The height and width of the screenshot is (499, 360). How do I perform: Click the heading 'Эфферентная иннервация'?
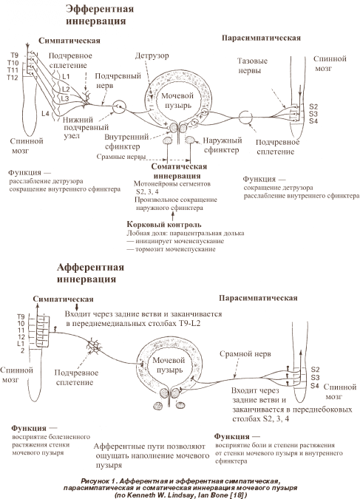point(100,15)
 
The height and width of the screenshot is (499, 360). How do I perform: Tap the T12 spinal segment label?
point(13,78)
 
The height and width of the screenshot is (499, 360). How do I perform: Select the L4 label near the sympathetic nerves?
point(46,113)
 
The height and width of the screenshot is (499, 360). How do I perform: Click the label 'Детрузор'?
point(152,55)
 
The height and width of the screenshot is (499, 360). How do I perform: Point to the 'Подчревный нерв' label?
point(118,81)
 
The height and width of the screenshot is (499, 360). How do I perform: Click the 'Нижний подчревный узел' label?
point(86,128)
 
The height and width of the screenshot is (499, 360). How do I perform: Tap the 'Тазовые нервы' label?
point(252,66)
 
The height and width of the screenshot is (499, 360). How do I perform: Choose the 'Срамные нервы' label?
point(121,157)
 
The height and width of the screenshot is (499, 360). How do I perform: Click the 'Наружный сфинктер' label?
point(223,145)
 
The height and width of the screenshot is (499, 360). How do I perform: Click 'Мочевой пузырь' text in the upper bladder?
point(177,101)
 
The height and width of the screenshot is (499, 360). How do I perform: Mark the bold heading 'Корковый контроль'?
point(164,224)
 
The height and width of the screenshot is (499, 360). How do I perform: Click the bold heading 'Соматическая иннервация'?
point(179,172)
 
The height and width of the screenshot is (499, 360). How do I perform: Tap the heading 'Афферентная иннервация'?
point(90,273)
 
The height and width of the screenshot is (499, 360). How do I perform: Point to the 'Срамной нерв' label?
point(245,354)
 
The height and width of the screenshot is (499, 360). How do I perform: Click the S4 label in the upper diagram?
point(313,121)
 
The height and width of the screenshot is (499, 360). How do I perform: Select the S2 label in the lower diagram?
point(315,370)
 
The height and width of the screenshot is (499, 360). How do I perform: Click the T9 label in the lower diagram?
point(21,316)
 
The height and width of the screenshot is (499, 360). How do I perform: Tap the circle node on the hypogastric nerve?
point(119,107)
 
